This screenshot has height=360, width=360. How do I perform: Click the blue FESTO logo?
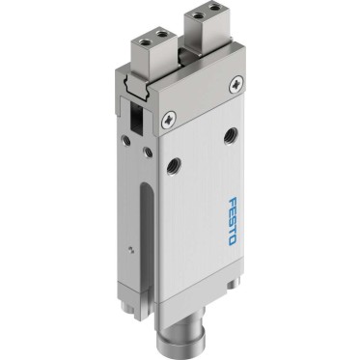click(233, 221)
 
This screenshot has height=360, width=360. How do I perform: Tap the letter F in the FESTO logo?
click(233, 202)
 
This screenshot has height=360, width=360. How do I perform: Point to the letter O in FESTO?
click(233, 240)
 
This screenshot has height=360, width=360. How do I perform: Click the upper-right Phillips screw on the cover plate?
click(236, 85)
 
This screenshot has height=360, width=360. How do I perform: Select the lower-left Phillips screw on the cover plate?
click(169, 120)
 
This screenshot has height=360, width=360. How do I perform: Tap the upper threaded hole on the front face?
click(231, 135)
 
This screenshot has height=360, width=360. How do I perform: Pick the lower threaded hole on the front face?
click(174, 167)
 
